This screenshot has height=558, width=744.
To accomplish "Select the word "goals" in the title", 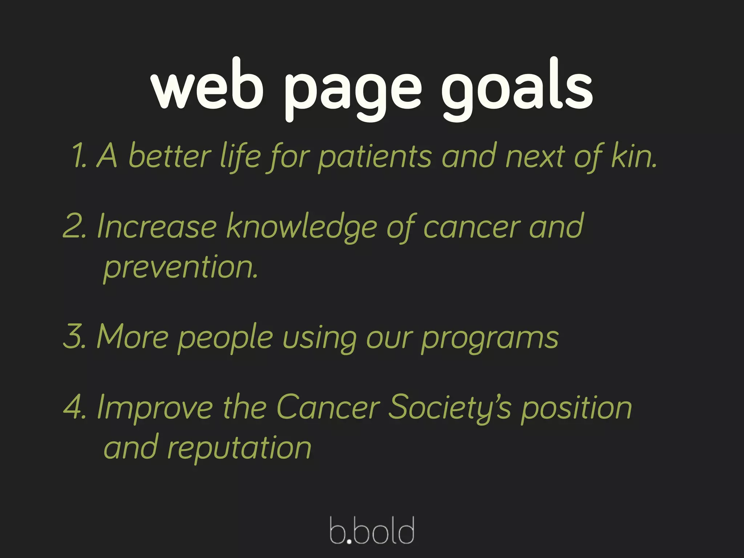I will (517, 89).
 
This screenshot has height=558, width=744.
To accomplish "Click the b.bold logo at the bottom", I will (372, 530).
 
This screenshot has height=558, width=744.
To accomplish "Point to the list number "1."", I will (80, 156).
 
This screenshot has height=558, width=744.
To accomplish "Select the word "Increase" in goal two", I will (157, 227).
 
